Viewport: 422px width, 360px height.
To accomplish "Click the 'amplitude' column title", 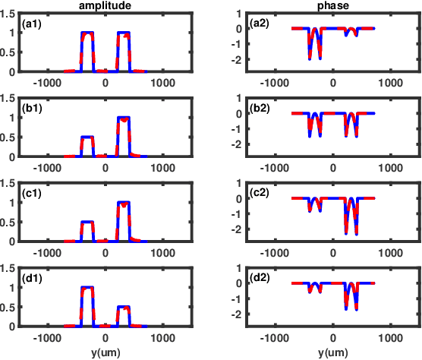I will coord(104,5).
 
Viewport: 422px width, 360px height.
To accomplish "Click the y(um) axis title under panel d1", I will coord(104,352).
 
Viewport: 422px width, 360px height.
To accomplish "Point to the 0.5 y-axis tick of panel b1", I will coord(8,137).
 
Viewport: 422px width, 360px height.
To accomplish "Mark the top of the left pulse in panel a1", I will coord(87,33).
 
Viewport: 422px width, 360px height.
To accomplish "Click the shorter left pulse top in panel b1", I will coord(87,137).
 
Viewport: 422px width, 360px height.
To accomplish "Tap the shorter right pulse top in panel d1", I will coord(123,307).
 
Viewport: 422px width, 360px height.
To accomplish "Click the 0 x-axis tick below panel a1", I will coord(105,82).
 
